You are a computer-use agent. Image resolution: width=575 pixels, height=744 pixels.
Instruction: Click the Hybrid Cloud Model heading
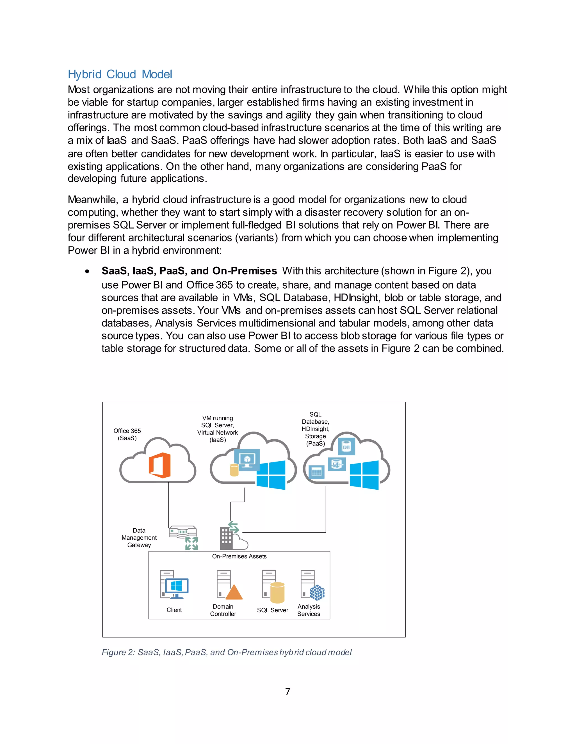(120, 74)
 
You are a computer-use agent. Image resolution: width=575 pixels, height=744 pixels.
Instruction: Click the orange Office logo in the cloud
(159, 465)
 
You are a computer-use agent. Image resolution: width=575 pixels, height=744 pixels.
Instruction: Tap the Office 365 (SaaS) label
(127, 434)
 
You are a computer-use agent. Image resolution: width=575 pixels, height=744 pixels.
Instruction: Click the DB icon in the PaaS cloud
(346, 447)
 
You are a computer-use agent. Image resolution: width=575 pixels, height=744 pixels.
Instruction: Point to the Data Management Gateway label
(139, 538)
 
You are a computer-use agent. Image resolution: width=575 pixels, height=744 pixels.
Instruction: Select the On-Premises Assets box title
(239, 556)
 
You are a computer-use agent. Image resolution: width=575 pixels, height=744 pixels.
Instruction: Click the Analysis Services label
(309, 610)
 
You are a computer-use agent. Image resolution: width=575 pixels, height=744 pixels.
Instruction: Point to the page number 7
(287, 691)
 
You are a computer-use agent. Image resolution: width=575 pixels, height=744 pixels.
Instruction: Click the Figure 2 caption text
(227, 652)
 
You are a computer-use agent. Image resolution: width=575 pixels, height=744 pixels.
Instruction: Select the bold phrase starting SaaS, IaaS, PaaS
(189, 271)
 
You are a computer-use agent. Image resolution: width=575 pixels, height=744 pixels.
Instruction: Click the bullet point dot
(88, 271)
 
